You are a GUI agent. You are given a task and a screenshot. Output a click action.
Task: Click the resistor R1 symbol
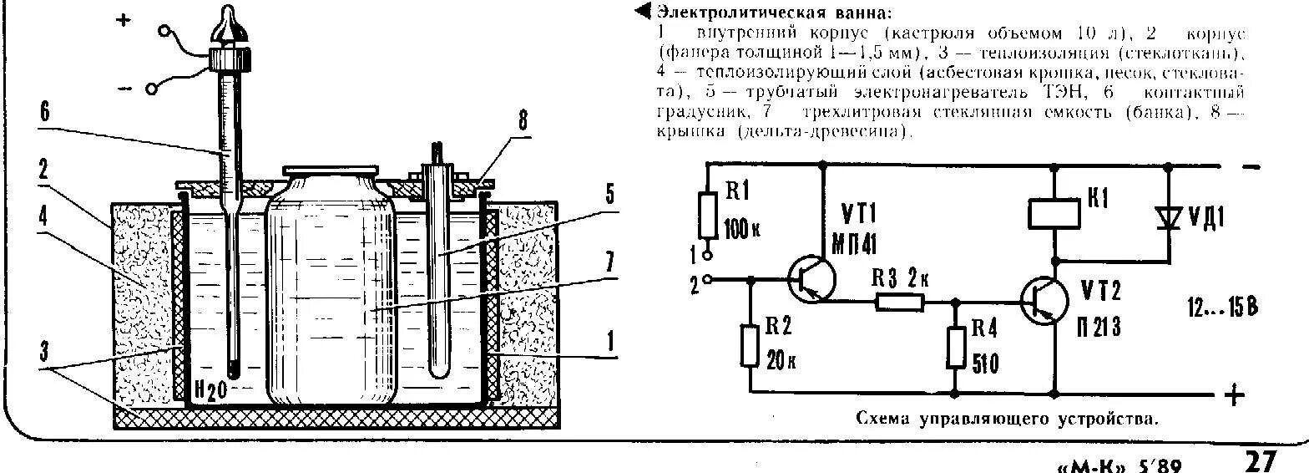tap(707, 216)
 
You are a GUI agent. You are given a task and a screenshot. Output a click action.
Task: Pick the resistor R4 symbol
tap(954, 345)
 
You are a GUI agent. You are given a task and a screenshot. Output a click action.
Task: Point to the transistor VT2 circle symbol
tap(1044, 302)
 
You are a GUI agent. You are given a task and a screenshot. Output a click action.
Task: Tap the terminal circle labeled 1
tap(707, 251)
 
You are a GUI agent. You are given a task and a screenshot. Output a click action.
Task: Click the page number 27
tap(1261, 460)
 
